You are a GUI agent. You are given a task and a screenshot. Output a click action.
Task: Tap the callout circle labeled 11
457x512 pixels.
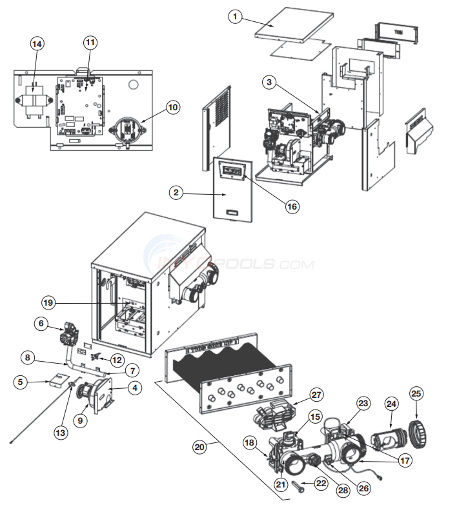click(89, 43)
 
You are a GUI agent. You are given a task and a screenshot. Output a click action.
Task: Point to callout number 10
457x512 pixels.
click(172, 107)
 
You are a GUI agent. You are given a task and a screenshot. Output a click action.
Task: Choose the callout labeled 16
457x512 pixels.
click(292, 206)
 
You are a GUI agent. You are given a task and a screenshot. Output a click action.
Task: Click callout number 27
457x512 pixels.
click(317, 395)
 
